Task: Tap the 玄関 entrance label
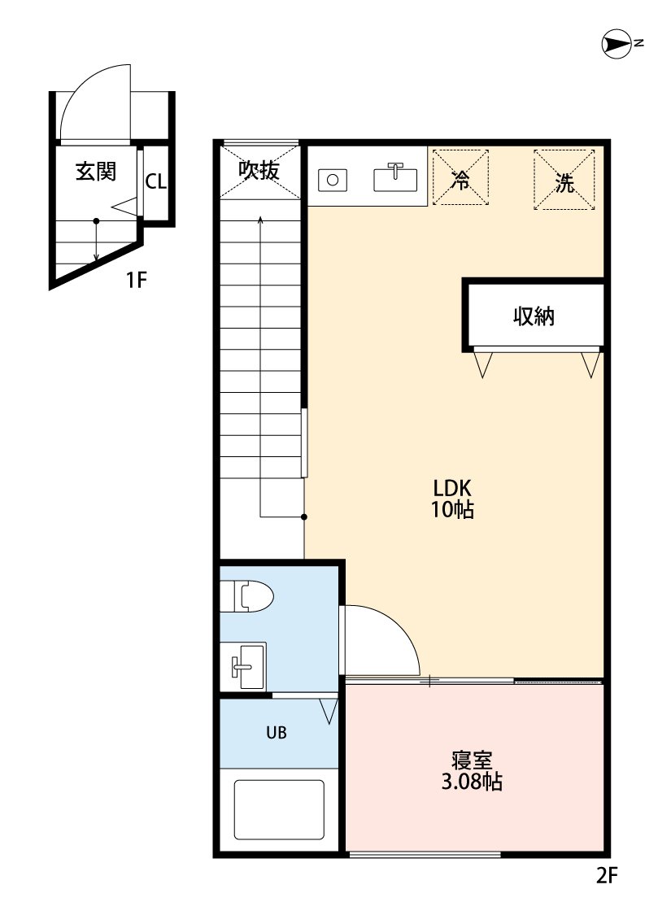click(x=96, y=171)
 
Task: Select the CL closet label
click(x=156, y=181)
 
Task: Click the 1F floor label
click(x=136, y=281)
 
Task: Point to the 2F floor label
click(x=606, y=875)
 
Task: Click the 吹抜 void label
click(x=259, y=170)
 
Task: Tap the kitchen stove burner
click(x=333, y=180)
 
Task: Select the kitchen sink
click(x=395, y=179)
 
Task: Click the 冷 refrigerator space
click(x=460, y=177)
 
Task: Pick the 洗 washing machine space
click(x=564, y=180)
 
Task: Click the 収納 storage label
click(x=534, y=316)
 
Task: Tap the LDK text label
click(x=452, y=488)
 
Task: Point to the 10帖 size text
click(x=452, y=509)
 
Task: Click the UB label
click(x=277, y=732)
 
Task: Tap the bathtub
click(x=279, y=809)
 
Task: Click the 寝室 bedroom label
click(x=472, y=760)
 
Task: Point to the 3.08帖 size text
click(x=472, y=782)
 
